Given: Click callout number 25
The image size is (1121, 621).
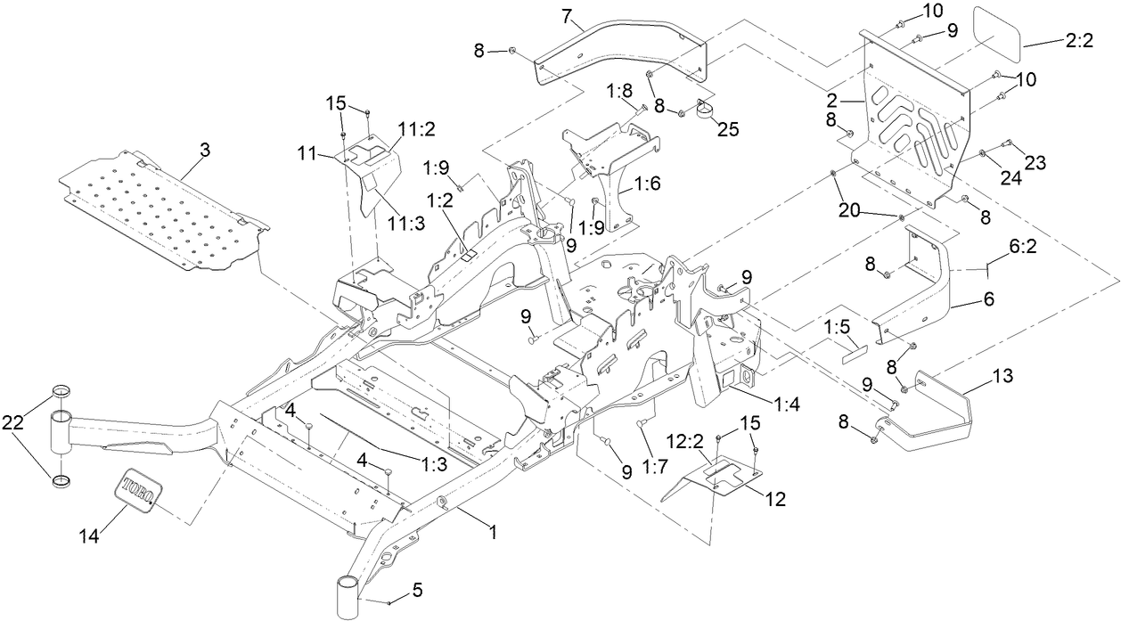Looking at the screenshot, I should coord(728,127).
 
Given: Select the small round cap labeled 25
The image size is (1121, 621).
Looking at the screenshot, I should coord(706,110).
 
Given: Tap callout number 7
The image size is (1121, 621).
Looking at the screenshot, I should coord(566,14).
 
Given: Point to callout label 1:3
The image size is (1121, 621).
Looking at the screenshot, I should coord(433,462).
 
